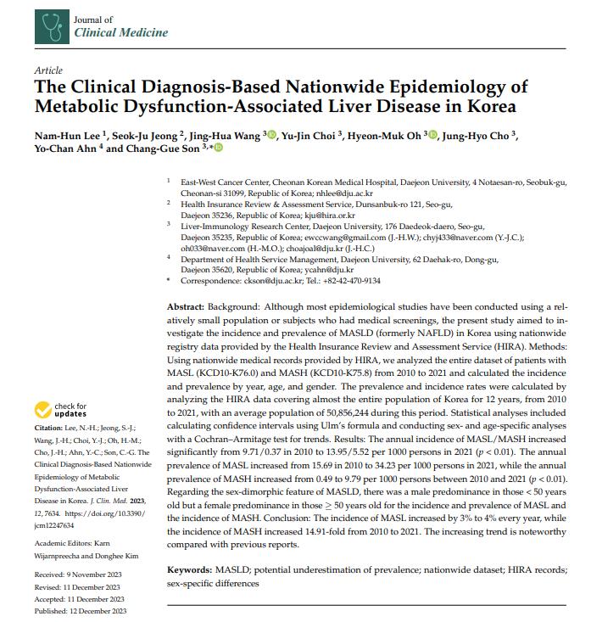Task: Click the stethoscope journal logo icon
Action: coord(52,27)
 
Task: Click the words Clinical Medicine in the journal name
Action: coord(121,33)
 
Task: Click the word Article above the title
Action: coord(48,70)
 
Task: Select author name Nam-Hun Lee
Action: coord(67,134)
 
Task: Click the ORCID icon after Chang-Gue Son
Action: coord(219,148)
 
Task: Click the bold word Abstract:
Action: coord(186,305)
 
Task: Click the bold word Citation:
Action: coord(47,429)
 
